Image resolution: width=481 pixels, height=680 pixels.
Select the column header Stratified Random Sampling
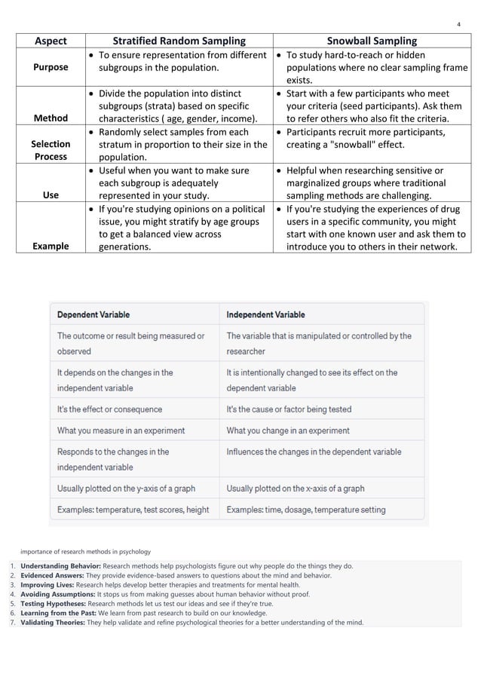click(x=179, y=41)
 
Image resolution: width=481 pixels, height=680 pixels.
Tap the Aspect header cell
click(x=47, y=41)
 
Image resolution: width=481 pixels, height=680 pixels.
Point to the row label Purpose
click(x=50, y=67)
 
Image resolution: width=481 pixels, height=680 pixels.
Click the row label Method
click(x=50, y=118)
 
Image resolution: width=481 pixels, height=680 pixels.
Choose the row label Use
click(x=51, y=195)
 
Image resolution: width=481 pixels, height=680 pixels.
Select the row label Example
click(x=50, y=246)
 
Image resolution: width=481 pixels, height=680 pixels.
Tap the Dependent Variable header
click(x=93, y=314)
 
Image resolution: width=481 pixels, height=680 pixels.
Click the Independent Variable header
click(x=265, y=314)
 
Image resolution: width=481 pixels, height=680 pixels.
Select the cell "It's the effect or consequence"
click(x=109, y=409)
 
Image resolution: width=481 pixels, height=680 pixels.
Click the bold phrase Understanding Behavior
click(x=60, y=565)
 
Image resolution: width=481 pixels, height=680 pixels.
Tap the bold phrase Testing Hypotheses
click(x=53, y=604)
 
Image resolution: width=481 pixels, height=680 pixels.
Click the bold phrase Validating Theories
click(x=53, y=623)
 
